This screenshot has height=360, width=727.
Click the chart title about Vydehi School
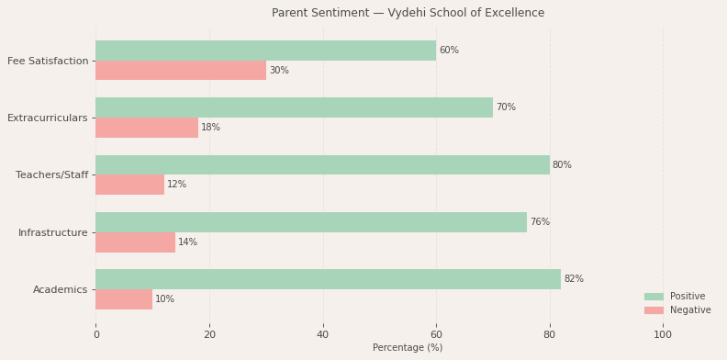[408, 13]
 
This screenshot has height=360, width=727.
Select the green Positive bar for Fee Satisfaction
[265, 51]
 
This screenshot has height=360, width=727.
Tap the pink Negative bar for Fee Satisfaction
[181, 71]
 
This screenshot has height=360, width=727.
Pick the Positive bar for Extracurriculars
[294, 107]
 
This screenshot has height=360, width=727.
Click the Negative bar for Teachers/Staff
[129, 185]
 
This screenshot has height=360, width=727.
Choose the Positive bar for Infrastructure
[311, 222]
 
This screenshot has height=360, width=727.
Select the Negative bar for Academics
[124, 299]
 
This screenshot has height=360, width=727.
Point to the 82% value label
[574, 279]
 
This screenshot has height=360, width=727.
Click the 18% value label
[210, 128]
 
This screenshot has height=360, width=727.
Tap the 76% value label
[540, 222]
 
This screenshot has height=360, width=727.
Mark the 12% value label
[176, 185]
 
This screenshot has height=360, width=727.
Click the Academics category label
[61, 289]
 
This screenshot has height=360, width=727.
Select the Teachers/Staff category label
[52, 174]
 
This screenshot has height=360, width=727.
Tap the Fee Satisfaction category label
[48, 61]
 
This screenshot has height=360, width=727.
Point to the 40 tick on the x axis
[323, 335]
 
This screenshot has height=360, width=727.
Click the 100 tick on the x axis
[663, 335]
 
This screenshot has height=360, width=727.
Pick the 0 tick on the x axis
[95, 335]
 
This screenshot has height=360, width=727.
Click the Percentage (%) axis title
[408, 348]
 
